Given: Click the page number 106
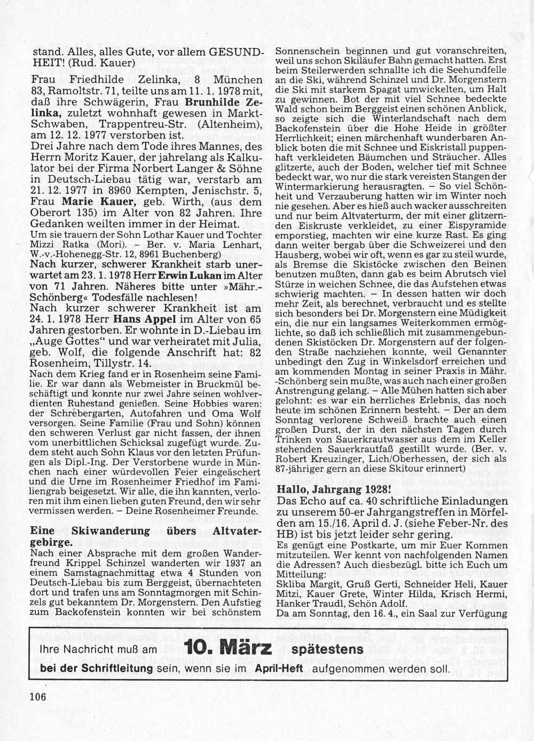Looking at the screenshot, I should (x=38, y=697).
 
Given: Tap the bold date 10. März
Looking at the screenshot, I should (x=227, y=649).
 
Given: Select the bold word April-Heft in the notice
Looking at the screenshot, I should (x=279, y=668).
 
